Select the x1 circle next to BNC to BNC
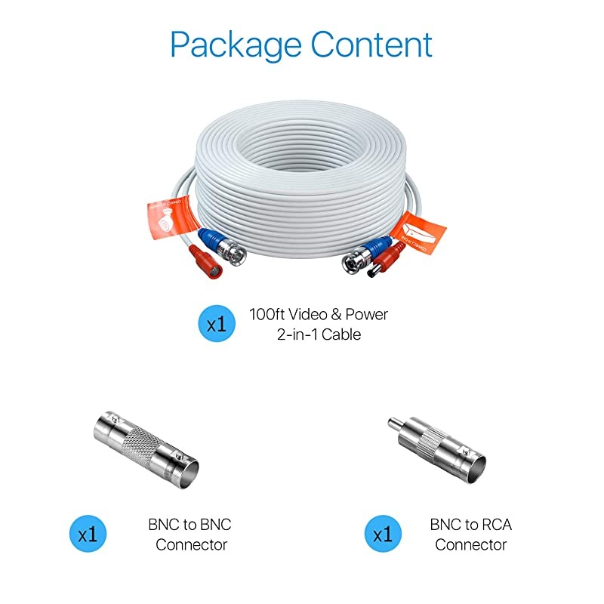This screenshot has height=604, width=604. pyautogui.click(x=88, y=535)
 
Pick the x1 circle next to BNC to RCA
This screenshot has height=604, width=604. pyautogui.click(x=384, y=535)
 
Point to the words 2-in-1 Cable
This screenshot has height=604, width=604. pyautogui.click(x=318, y=334)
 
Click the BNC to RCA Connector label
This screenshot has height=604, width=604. pyautogui.click(x=470, y=535)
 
